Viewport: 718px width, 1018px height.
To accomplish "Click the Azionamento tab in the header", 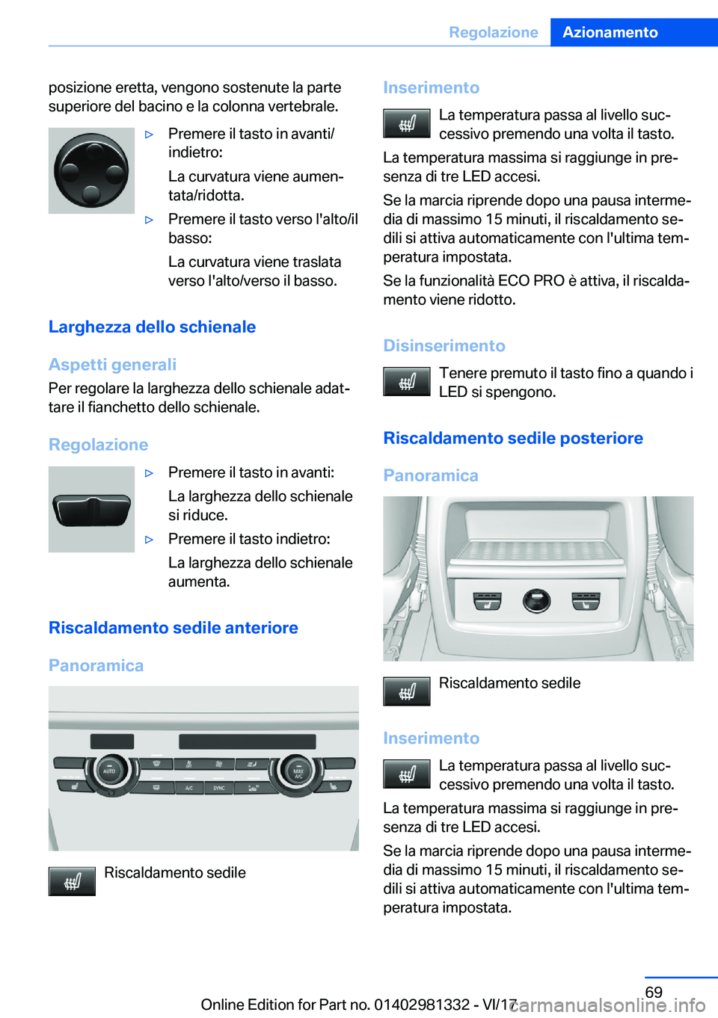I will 610,32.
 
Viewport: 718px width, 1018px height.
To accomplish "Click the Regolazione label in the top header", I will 493,32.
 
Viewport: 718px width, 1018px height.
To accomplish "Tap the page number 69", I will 653,992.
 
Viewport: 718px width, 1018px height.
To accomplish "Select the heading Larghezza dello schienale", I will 152,327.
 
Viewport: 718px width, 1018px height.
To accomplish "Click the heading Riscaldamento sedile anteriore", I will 173,628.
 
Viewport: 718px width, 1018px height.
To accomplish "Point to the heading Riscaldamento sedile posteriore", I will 512,438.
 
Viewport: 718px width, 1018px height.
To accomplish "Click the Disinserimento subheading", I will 444,345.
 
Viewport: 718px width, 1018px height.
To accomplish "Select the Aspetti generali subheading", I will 112,365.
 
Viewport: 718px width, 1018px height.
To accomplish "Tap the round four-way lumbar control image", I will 91,170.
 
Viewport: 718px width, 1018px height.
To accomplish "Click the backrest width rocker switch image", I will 91,510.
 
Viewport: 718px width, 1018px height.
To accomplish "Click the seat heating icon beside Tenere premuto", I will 406,382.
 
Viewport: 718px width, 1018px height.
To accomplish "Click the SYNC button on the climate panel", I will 218,788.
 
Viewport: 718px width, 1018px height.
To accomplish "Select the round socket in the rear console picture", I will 536,600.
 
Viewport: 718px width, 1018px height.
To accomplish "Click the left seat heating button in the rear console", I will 487,600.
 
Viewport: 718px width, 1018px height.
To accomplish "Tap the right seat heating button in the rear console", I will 585,600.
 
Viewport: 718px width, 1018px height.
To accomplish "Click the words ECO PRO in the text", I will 531,281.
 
